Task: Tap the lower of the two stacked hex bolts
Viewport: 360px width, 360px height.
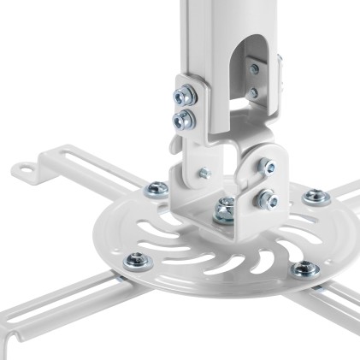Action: [181, 121]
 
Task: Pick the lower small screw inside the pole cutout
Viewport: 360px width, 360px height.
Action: [254, 92]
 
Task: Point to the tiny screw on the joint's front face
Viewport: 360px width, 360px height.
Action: [204, 174]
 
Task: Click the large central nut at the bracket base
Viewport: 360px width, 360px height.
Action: [225, 206]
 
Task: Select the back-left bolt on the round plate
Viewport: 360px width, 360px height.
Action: [155, 189]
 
